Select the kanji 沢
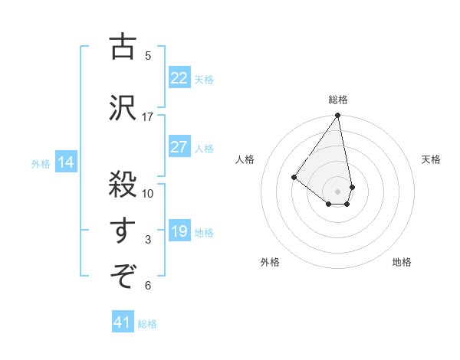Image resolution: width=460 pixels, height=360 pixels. [x=123, y=107]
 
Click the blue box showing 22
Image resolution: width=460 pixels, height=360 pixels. [x=179, y=78]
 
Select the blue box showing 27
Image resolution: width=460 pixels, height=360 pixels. [x=179, y=148]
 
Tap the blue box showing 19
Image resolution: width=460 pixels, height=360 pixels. [x=179, y=231]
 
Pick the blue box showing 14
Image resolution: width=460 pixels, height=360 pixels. [x=65, y=162]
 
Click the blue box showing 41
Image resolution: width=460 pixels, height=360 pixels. [x=123, y=322]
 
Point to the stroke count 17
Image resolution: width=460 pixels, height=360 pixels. [x=148, y=116]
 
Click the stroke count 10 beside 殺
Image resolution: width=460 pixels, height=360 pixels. [x=148, y=193]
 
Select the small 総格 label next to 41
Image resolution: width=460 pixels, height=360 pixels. [x=147, y=324]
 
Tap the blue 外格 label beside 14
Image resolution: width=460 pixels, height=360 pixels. [x=41, y=163]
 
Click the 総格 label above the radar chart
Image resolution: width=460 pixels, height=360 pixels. [x=338, y=100]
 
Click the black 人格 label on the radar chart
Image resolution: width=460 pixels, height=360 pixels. [x=245, y=159]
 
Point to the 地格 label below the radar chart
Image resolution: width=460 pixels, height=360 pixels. [x=402, y=262]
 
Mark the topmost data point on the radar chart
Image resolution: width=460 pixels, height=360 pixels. [x=338, y=116]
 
